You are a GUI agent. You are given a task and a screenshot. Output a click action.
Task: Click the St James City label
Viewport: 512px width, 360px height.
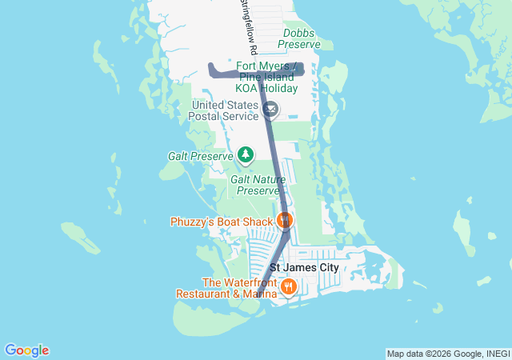304,267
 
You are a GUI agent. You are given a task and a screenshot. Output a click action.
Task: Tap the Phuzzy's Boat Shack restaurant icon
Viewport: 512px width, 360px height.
285,220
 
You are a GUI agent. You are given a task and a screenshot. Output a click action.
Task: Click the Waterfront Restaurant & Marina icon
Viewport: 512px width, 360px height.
289,286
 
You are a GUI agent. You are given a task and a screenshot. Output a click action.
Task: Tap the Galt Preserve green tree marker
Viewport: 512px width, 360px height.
246,155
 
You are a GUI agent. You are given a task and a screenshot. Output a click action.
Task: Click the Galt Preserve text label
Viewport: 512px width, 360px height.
200,156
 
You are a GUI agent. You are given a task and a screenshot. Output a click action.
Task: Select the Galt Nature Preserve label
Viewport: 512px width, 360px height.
258,185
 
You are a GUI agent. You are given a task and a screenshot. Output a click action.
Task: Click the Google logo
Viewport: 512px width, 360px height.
26,350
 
